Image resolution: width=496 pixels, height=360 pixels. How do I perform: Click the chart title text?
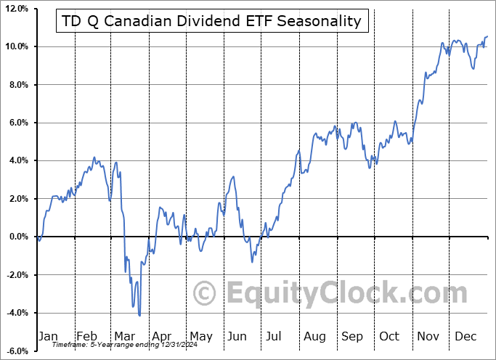point(212,21)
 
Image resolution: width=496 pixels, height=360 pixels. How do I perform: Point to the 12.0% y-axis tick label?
point(15,9)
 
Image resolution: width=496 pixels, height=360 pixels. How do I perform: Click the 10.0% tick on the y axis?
point(15,46)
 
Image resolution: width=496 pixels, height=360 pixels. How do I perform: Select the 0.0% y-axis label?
point(17,237)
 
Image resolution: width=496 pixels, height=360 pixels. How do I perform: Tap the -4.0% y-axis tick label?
point(16,313)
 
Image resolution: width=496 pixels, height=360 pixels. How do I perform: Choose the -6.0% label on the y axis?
point(16,351)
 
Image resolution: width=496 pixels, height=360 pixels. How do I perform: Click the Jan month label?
point(48,336)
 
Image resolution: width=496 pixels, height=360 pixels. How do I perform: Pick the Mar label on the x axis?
point(124,336)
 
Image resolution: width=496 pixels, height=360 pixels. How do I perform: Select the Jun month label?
point(237,336)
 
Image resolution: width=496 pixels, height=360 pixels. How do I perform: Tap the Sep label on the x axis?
point(352,336)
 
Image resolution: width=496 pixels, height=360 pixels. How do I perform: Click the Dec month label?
point(466,336)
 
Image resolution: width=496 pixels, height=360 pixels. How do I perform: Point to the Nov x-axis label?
point(428,336)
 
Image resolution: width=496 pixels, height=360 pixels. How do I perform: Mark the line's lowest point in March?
point(139,315)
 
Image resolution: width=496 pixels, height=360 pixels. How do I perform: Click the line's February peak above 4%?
point(94,157)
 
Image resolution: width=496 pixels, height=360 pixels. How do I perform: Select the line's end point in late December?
point(487,36)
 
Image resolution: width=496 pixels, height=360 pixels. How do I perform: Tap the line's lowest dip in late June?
point(252,261)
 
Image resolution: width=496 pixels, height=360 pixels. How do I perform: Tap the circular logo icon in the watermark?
point(205,294)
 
